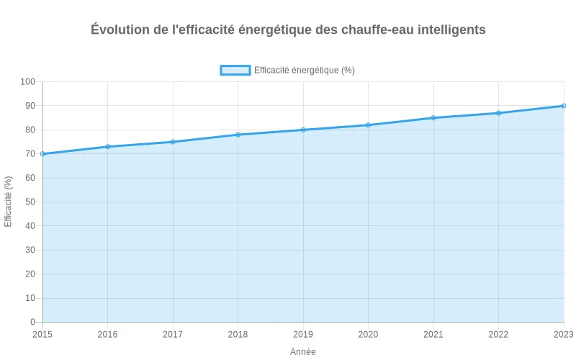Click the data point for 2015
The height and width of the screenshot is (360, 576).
[42, 154]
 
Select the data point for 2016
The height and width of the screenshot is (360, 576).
[107, 147]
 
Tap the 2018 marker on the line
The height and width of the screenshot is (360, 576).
[238, 135]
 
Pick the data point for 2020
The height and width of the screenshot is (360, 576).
[368, 125]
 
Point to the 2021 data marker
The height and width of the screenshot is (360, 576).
[433, 118]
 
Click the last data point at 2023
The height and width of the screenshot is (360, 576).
[564, 106]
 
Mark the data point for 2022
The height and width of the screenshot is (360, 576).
[498, 113]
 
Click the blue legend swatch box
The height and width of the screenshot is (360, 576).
[235, 70]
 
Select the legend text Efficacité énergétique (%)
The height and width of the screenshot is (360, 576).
[305, 70]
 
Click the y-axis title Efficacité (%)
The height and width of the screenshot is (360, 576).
[9, 202]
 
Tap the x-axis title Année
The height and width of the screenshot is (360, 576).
[303, 351]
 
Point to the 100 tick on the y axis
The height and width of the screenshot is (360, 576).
[27, 82]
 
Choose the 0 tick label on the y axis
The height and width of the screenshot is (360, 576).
[32, 322]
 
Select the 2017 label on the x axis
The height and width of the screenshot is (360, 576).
[173, 334]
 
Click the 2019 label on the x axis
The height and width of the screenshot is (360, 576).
[303, 334]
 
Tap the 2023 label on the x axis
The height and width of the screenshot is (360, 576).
[562, 334]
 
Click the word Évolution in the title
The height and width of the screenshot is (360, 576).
[121, 30]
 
